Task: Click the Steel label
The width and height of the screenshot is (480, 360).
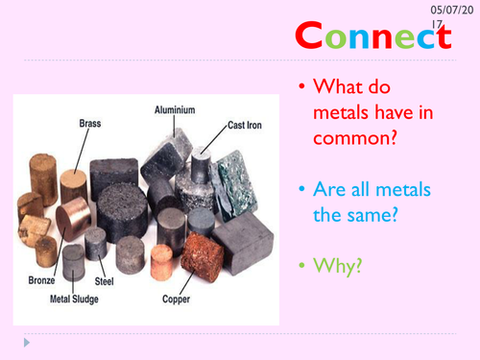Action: click(105, 281)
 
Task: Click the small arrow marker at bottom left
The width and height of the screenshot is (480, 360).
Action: click(12, 341)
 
